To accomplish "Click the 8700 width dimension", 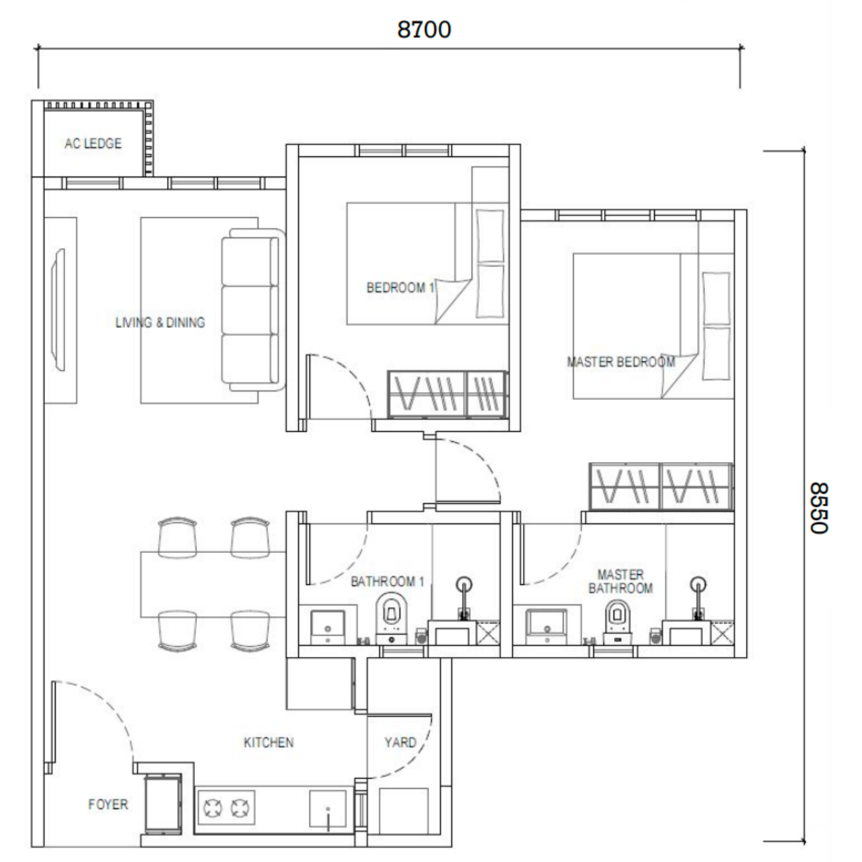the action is click(x=424, y=30).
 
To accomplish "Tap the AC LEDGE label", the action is click(x=93, y=143).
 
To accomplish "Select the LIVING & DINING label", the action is click(x=160, y=322).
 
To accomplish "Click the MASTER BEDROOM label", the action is click(x=621, y=362).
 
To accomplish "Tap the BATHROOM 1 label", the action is click(x=387, y=581).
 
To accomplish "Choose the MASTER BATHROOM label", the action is click(x=621, y=581).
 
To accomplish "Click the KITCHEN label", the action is click(x=269, y=743).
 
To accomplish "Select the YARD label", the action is click(x=400, y=743).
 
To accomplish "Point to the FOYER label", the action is click(x=108, y=804).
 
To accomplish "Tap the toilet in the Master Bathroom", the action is click(x=618, y=622).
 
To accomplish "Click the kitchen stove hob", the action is click(x=227, y=808).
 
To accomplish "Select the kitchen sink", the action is click(x=328, y=809).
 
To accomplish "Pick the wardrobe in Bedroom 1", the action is click(x=447, y=394).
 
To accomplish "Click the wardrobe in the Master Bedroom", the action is click(x=661, y=487).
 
